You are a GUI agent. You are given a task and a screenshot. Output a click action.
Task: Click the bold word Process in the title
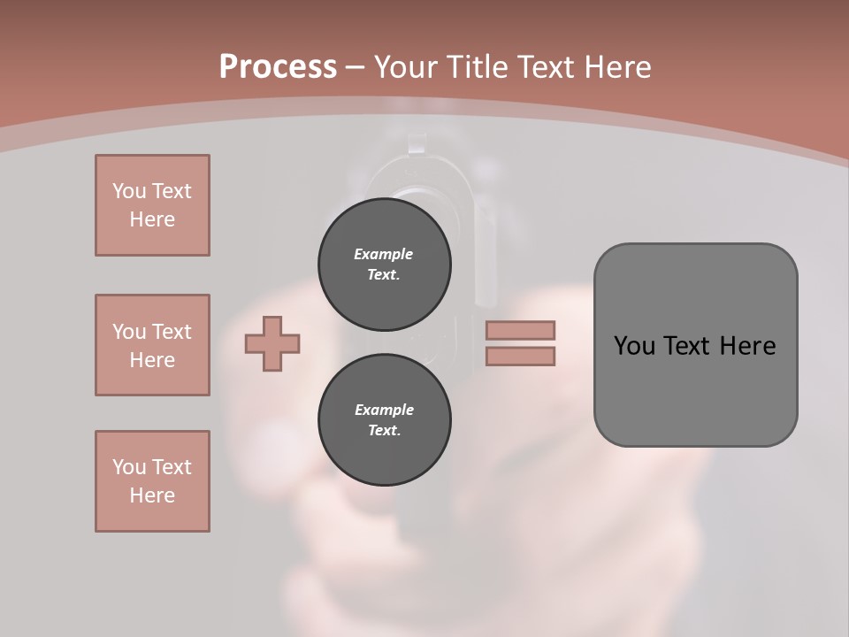pos(278,67)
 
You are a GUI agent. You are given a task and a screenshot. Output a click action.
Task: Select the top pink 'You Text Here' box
pos(152,205)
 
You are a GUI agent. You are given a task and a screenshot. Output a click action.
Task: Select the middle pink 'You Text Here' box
pos(152,345)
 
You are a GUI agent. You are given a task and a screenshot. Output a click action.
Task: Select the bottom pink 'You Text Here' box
pos(152,481)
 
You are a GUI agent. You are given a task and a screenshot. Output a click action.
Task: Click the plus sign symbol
pos(272,344)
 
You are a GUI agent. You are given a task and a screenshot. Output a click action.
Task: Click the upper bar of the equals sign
pos(520,331)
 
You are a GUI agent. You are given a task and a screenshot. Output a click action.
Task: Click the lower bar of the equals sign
pos(520,357)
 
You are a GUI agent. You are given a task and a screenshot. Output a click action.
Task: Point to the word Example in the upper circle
pos(383,254)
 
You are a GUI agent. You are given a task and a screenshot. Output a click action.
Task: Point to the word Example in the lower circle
pos(384,410)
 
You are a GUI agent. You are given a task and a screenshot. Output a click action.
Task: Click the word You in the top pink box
pos(128,191)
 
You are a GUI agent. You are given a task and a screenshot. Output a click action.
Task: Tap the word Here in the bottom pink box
pos(152,495)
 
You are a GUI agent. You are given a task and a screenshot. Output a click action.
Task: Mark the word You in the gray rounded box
pos(634,346)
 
